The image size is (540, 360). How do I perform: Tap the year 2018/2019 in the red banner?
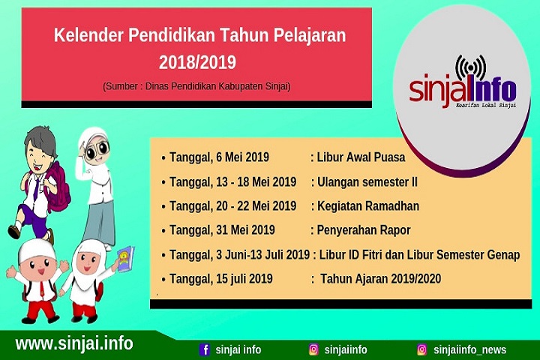(197, 62)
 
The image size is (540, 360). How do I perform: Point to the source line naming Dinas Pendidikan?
(196, 86)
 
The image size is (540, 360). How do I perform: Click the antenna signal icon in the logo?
(470, 69)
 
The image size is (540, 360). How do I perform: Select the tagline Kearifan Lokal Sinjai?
(486, 105)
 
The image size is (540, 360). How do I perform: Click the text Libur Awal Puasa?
(361, 157)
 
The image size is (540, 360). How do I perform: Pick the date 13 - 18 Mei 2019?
(256, 182)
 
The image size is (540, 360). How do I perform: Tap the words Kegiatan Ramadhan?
(368, 206)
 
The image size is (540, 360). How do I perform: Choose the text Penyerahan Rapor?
(364, 230)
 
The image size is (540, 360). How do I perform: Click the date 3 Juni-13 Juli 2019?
(263, 255)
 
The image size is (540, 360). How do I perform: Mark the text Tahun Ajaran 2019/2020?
(380, 279)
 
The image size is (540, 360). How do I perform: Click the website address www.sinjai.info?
(74, 343)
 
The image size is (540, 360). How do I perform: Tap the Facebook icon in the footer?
(205, 349)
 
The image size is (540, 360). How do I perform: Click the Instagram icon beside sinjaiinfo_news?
(422, 349)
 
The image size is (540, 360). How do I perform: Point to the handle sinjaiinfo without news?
(346, 350)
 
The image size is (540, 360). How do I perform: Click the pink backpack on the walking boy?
(57, 187)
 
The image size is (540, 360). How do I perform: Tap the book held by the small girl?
(126, 259)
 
